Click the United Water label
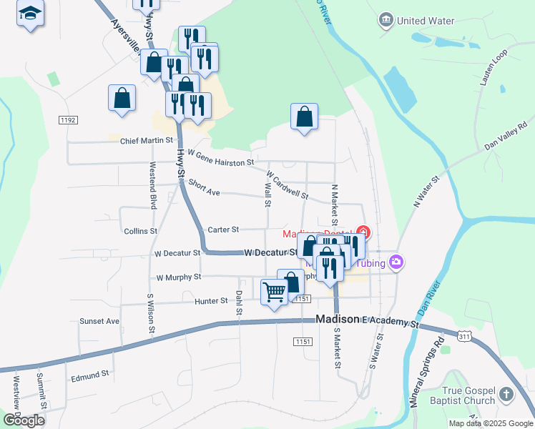(426, 21)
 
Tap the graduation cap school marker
(30, 14)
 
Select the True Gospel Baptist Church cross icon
(506, 394)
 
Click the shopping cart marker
(274, 292)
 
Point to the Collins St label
(140, 232)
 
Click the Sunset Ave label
(99, 321)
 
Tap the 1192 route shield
(68, 120)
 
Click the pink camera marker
(397, 262)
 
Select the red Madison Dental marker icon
(364, 232)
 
